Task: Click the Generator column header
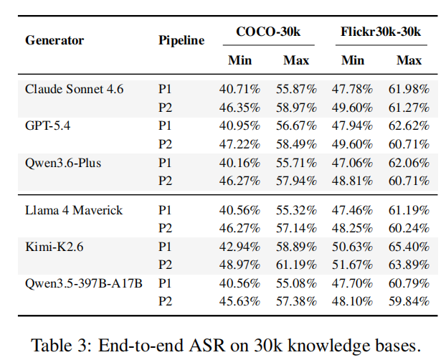point(54,40)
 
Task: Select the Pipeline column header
point(181,40)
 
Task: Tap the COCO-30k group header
point(268,32)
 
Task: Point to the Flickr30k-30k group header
point(381,32)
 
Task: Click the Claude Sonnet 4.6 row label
point(75,89)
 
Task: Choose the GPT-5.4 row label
point(47,125)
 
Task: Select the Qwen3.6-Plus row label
point(63,163)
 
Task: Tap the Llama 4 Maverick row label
point(74,210)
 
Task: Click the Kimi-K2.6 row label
point(54,247)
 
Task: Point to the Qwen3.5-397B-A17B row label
point(84,283)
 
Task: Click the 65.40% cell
point(409,247)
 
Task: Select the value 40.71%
point(239,89)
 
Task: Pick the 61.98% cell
point(409,89)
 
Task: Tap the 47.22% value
point(239,144)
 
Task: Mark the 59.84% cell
point(409,301)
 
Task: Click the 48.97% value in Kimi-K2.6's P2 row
point(239,265)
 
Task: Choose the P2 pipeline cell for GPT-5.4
point(165,144)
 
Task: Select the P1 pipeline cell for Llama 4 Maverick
point(165,210)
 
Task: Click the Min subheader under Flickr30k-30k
point(353,60)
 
